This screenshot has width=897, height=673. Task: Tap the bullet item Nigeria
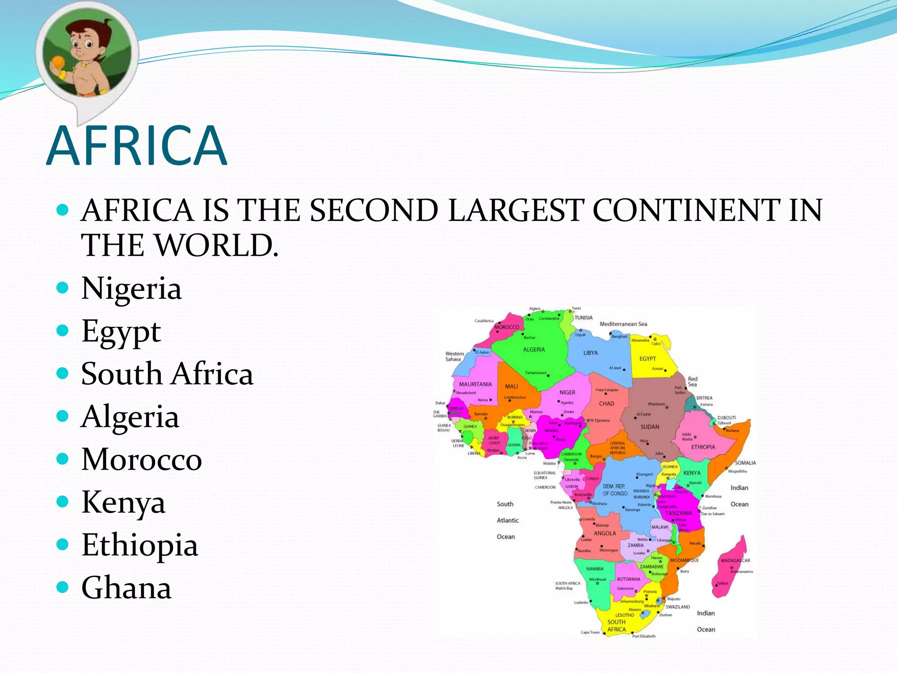131,289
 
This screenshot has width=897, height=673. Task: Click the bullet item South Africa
167,374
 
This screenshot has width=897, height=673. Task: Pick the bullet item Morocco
141,460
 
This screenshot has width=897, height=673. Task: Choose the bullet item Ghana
126,588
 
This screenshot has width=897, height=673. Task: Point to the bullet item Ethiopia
140,545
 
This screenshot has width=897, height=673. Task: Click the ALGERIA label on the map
534,350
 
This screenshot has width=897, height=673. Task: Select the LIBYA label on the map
590,353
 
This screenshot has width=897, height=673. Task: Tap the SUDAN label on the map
650,427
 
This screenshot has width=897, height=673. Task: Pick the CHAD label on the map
607,404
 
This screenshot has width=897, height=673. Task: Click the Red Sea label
692,382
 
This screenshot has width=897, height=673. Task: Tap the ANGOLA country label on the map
605,533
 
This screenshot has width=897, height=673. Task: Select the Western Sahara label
454,356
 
